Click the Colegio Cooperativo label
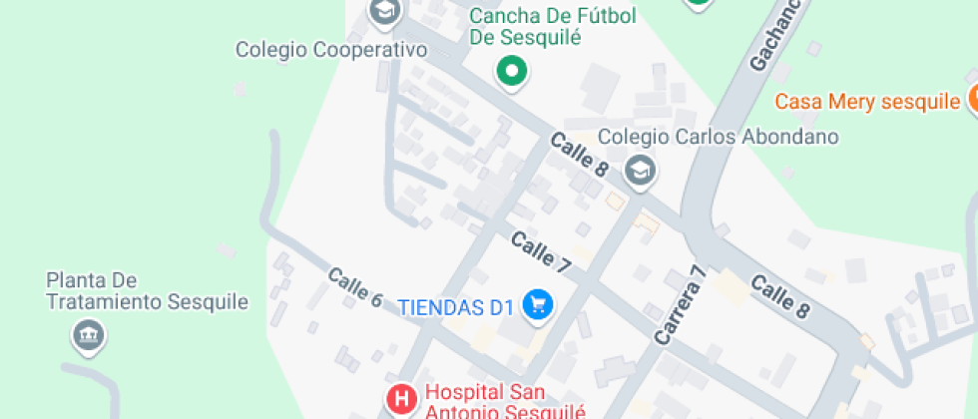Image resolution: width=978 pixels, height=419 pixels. point(331,49)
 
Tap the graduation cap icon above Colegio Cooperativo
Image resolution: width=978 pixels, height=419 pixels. point(384,12)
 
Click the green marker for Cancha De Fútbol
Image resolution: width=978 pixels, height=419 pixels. point(512,71)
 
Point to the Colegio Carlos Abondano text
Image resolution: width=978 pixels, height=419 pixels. point(718,137)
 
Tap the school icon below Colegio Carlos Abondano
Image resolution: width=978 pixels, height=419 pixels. point(640,171)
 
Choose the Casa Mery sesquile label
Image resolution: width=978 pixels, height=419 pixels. point(866,101)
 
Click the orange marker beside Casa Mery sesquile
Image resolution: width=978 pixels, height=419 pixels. point(971,100)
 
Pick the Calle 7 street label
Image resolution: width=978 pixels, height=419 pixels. point(540,253)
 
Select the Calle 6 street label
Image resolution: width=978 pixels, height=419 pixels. point(354,287)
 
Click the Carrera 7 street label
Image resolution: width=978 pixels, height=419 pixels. point(682,305)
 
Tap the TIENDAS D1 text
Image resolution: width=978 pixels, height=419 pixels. point(456,306)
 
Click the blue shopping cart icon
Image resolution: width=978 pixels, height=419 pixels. point(539,306)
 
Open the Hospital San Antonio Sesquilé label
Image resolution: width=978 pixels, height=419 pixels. point(505,401)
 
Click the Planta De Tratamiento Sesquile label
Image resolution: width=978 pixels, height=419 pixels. point(147,290)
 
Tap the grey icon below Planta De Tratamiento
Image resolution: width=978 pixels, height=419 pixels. point(89,334)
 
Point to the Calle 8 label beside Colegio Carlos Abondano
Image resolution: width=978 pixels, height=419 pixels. point(579,155)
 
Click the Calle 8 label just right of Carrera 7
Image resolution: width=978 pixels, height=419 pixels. point(779,296)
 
